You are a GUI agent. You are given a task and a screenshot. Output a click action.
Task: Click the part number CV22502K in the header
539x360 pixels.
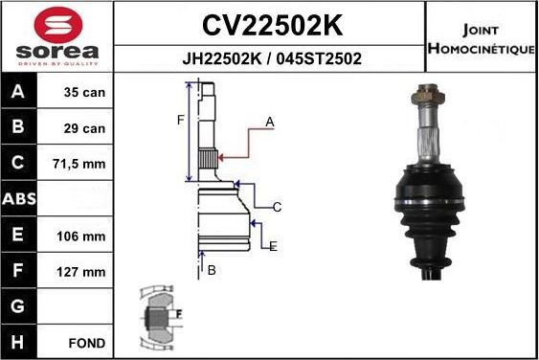[271, 23]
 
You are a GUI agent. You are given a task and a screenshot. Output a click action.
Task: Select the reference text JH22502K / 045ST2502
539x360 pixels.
[271, 57]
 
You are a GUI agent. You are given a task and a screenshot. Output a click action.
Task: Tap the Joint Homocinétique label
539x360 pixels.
[482, 38]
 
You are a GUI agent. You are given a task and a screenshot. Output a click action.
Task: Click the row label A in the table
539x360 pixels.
[19, 94]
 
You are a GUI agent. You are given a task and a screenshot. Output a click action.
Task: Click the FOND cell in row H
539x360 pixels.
[86, 342]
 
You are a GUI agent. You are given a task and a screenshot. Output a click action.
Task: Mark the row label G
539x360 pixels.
[19, 306]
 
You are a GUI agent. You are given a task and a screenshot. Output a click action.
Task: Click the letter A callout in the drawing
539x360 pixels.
[270, 122]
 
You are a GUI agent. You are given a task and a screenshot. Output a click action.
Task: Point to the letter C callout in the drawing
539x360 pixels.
[277, 207]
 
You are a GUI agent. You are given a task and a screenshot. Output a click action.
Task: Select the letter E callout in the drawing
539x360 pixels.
[273, 246]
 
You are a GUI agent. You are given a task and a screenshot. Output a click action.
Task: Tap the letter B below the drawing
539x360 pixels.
[212, 271]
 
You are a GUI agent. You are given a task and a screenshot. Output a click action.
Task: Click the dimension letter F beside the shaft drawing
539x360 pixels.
[180, 120]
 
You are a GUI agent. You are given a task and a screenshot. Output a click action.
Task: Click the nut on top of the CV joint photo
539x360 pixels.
[425, 96]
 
